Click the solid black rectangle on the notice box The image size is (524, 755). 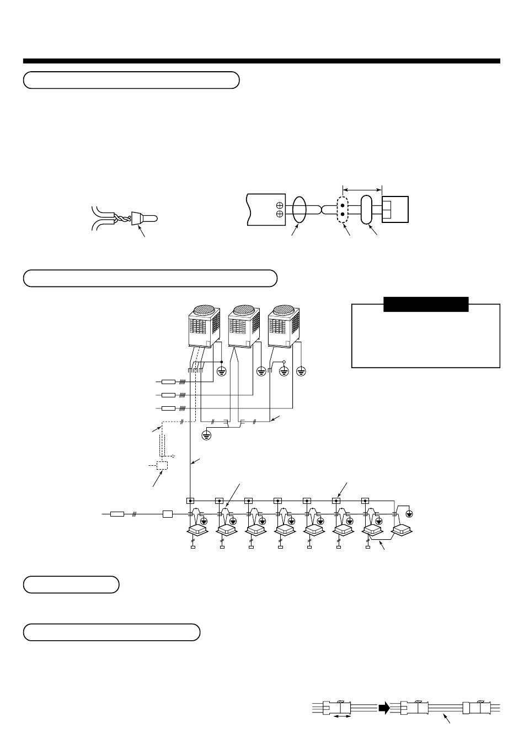coord(426,304)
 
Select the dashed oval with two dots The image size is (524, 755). coord(343,210)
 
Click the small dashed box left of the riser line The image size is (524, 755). coord(162,465)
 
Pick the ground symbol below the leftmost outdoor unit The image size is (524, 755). coord(222,371)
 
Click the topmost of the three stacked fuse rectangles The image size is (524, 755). coord(168,381)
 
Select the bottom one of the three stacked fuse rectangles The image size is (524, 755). coord(168,408)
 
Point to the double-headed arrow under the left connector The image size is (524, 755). coord(343,716)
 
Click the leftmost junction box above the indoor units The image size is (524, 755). coord(190,501)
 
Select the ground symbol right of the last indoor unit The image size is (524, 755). coord(409,514)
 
